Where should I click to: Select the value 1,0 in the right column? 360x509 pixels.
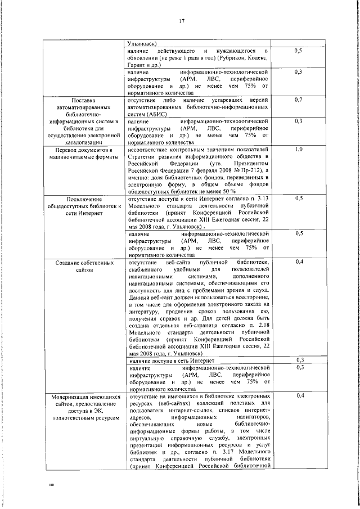point(299,150)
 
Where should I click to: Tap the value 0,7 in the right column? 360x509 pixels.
point(299,100)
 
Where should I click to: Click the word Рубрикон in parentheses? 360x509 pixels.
point(228,58)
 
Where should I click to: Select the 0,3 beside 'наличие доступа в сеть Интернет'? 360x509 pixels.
point(299,361)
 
